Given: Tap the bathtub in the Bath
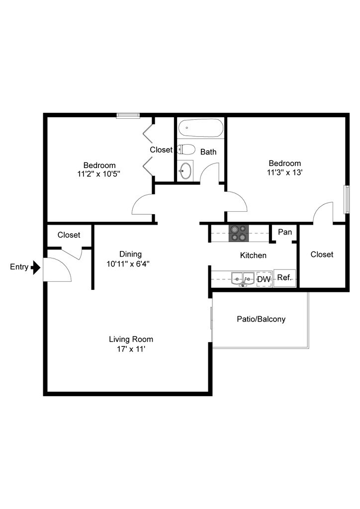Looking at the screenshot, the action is pos(200,128).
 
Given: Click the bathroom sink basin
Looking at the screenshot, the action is pos(185,170).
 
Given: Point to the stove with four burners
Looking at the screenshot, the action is pos(238,233).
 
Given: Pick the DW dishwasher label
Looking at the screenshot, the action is pos(264,280).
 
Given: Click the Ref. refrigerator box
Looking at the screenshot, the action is pos(284,278).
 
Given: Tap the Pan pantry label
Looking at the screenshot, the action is pos(285,232).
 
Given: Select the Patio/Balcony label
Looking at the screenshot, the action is pos(261,319).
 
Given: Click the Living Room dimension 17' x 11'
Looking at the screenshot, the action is pos(131,349).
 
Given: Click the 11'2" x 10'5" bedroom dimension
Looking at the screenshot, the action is pos(99,174).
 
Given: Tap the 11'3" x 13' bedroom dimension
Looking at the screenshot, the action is pos(285,172).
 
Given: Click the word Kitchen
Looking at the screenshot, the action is pos(253,255).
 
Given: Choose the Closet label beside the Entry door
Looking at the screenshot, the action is pos(69,235).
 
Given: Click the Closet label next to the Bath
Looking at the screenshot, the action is pos(161,150).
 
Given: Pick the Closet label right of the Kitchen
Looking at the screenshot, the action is pos(322,254).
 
